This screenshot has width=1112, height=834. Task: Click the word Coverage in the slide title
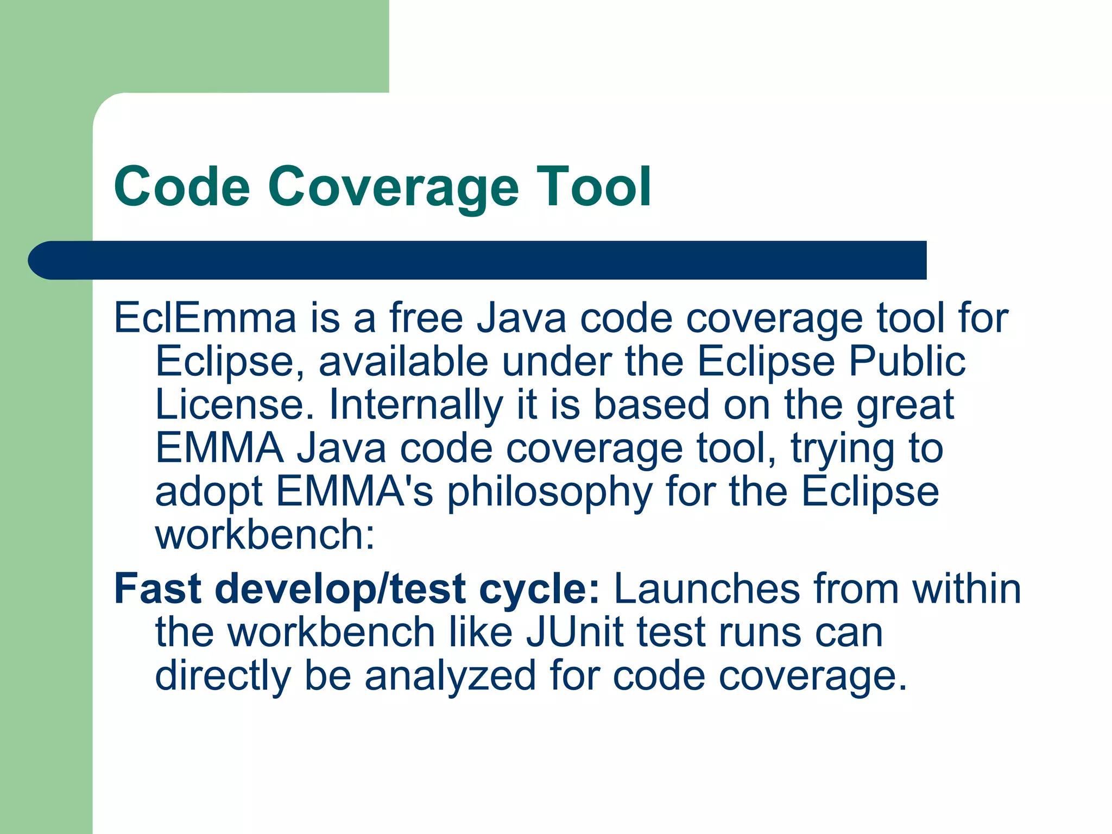(393, 187)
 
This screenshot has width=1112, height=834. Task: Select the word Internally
(416, 406)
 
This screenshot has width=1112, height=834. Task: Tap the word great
(905, 406)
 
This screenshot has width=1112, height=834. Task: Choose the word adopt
(209, 492)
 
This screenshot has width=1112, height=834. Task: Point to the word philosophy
(549, 492)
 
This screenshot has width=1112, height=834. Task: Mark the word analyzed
(450, 676)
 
